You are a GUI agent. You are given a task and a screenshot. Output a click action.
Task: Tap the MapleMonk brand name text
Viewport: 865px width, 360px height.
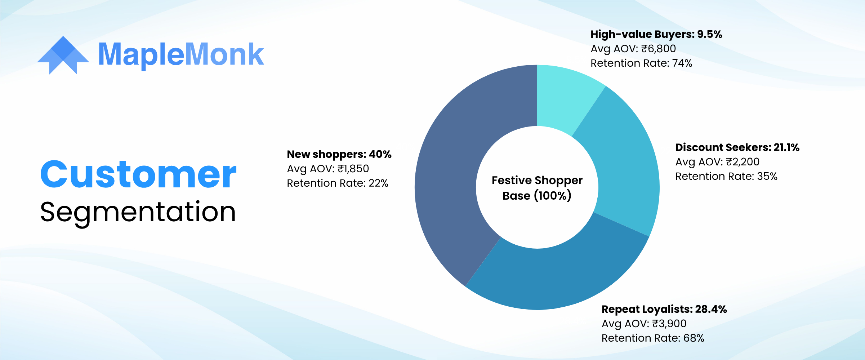(181, 55)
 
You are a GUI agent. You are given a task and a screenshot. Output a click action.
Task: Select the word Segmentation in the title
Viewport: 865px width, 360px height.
(138, 213)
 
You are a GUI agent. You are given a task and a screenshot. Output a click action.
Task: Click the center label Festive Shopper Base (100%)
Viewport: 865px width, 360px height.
(537, 188)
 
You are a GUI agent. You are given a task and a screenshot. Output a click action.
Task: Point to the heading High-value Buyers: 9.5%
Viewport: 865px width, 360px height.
(656, 34)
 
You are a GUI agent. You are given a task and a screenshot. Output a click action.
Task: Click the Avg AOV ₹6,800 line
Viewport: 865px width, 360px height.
(633, 49)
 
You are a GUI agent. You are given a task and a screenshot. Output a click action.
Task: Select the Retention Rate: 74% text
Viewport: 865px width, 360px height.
(641, 63)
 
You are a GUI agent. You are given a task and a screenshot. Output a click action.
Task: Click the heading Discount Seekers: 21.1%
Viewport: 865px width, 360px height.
(737, 147)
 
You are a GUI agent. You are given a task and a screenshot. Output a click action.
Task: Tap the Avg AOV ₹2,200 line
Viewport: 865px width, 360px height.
(717, 162)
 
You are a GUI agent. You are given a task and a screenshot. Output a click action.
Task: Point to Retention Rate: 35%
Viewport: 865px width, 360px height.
(726, 176)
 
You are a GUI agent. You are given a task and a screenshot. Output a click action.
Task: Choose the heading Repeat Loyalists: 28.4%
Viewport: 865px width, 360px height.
(664, 309)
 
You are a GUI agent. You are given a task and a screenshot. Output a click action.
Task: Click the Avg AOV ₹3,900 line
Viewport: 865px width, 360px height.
(644, 324)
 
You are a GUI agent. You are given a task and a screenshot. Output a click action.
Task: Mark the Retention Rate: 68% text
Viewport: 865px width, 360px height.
(653, 338)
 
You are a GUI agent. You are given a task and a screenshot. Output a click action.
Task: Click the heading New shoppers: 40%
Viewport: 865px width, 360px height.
(339, 154)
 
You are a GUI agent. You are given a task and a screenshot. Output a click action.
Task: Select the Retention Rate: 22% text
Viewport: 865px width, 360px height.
(338, 183)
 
